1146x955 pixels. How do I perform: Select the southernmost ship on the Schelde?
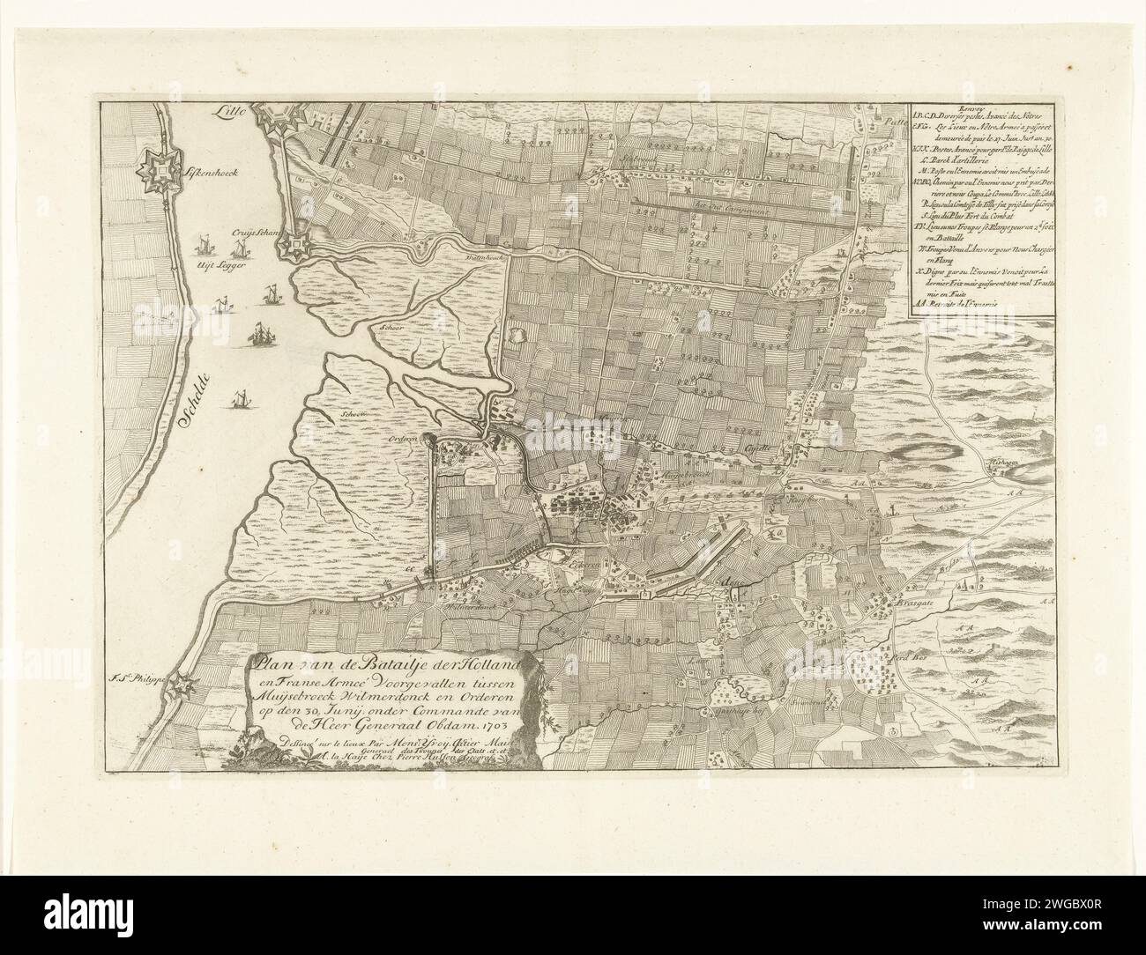(x=236, y=400)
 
